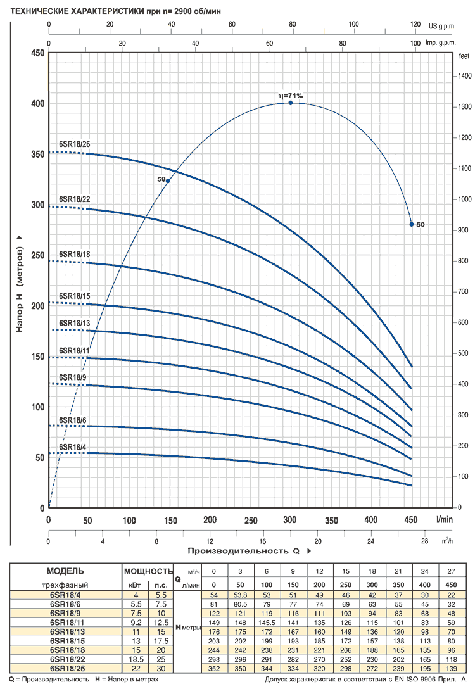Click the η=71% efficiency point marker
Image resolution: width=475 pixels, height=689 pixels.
pyautogui.click(x=291, y=103)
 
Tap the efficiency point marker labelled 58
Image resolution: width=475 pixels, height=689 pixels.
pyautogui.click(x=168, y=180)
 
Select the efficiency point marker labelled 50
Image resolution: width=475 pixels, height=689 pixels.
pyautogui.click(x=412, y=224)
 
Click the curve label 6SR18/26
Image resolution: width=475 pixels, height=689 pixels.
pyautogui.click(x=75, y=144)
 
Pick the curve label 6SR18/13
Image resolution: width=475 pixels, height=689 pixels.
pyautogui.click(x=75, y=323)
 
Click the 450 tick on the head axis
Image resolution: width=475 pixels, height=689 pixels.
pyautogui.click(x=37, y=53)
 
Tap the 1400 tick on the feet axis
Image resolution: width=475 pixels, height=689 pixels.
pyautogui.click(x=464, y=75)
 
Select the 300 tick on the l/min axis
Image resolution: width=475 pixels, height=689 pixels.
pyautogui.click(x=291, y=520)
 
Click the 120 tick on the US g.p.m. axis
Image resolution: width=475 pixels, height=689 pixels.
pyautogui.click(x=415, y=25)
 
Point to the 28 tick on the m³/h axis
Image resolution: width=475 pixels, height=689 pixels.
pyautogui.click(x=424, y=541)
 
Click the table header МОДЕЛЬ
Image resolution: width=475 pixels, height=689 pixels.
pyautogui.click(x=65, y=571)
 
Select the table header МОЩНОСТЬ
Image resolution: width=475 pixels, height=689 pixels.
pyautogui.click(x=148, y=571)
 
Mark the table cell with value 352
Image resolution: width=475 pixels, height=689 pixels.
pyautogui.click(x=213, y=669)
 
